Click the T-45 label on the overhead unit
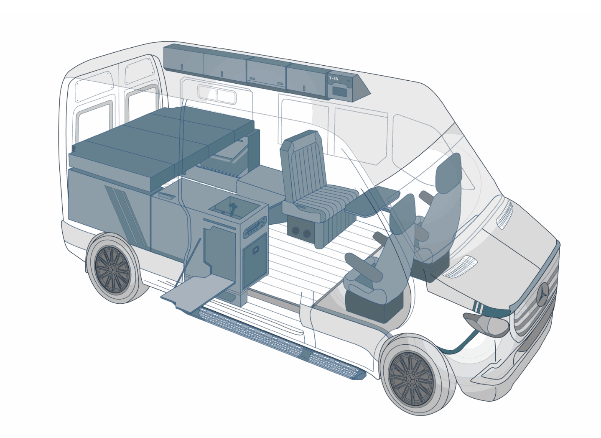[x=334, y=79]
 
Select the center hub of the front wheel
[x=412, y=379]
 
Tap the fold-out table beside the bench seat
[x=372, y=202]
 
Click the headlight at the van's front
[x=486, y=324]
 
